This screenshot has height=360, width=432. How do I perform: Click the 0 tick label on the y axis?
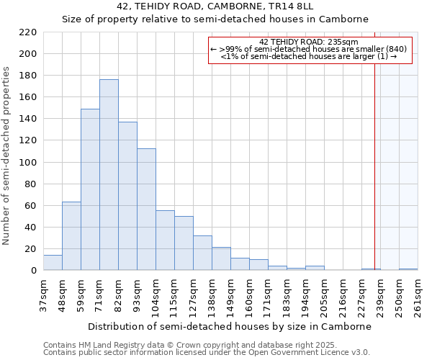[33, 271]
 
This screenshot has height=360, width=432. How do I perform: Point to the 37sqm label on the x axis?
[43, 295]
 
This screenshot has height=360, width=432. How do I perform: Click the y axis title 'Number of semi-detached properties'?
[7, 156]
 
